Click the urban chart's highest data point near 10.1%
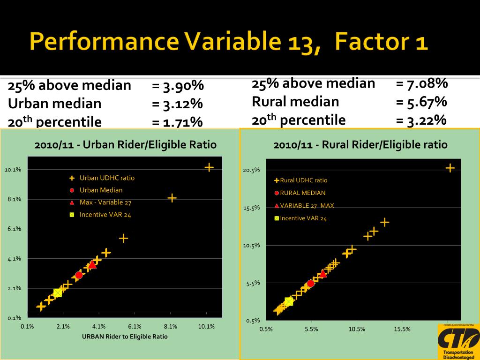(209, 167)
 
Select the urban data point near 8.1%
(172, 198)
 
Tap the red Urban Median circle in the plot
(79, 275)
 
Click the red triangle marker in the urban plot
(92, 265)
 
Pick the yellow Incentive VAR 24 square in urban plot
(58, 292)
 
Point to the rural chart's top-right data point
(450, 168)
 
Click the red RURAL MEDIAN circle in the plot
(311, 284)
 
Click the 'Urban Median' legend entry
(101, 190)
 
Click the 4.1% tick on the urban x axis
(99, 327)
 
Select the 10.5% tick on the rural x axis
(357, 329)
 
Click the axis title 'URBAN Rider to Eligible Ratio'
(125, 337)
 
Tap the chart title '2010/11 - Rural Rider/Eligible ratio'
(360, 145)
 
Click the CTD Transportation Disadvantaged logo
(458, 341)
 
